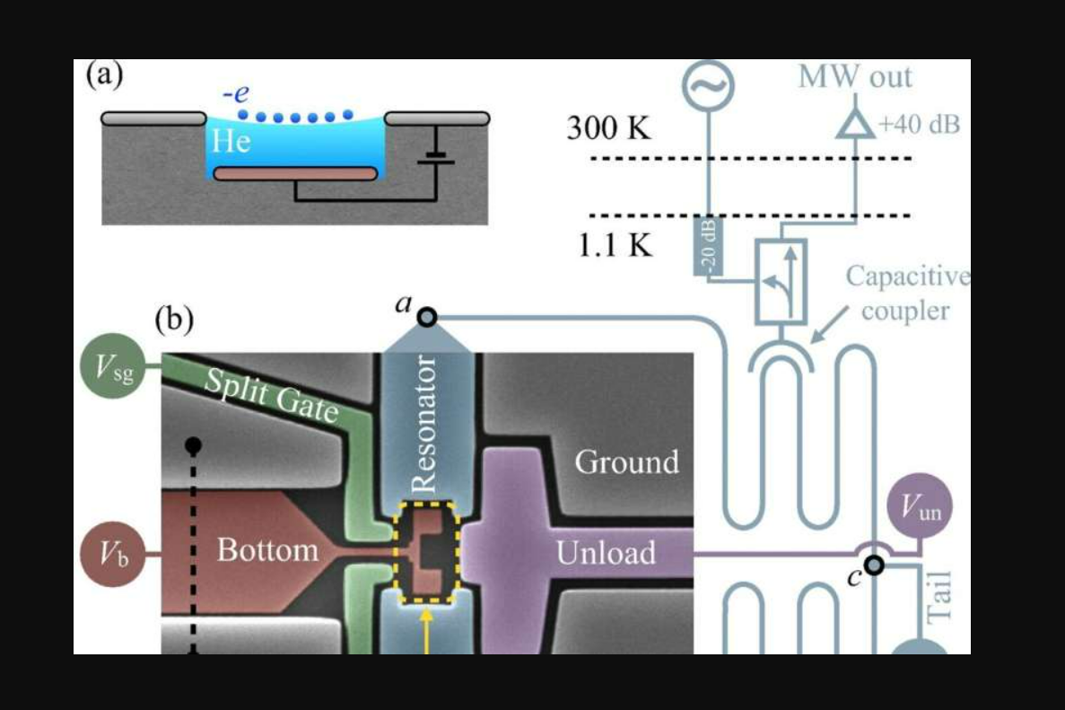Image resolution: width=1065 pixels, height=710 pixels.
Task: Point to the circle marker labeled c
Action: (875, 565)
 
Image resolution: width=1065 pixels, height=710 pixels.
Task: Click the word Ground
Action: (626, 462)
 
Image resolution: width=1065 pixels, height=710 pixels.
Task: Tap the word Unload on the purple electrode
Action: (606, 552)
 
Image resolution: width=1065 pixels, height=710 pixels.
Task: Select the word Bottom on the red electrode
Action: (267, 549)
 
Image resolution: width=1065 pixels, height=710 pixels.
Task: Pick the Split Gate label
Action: (271, 396)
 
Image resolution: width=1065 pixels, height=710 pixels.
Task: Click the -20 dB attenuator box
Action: (707, 246)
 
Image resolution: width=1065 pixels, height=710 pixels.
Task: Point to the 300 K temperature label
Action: (608, 129)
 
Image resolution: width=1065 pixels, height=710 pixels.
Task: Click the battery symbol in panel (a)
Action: (435, 154)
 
